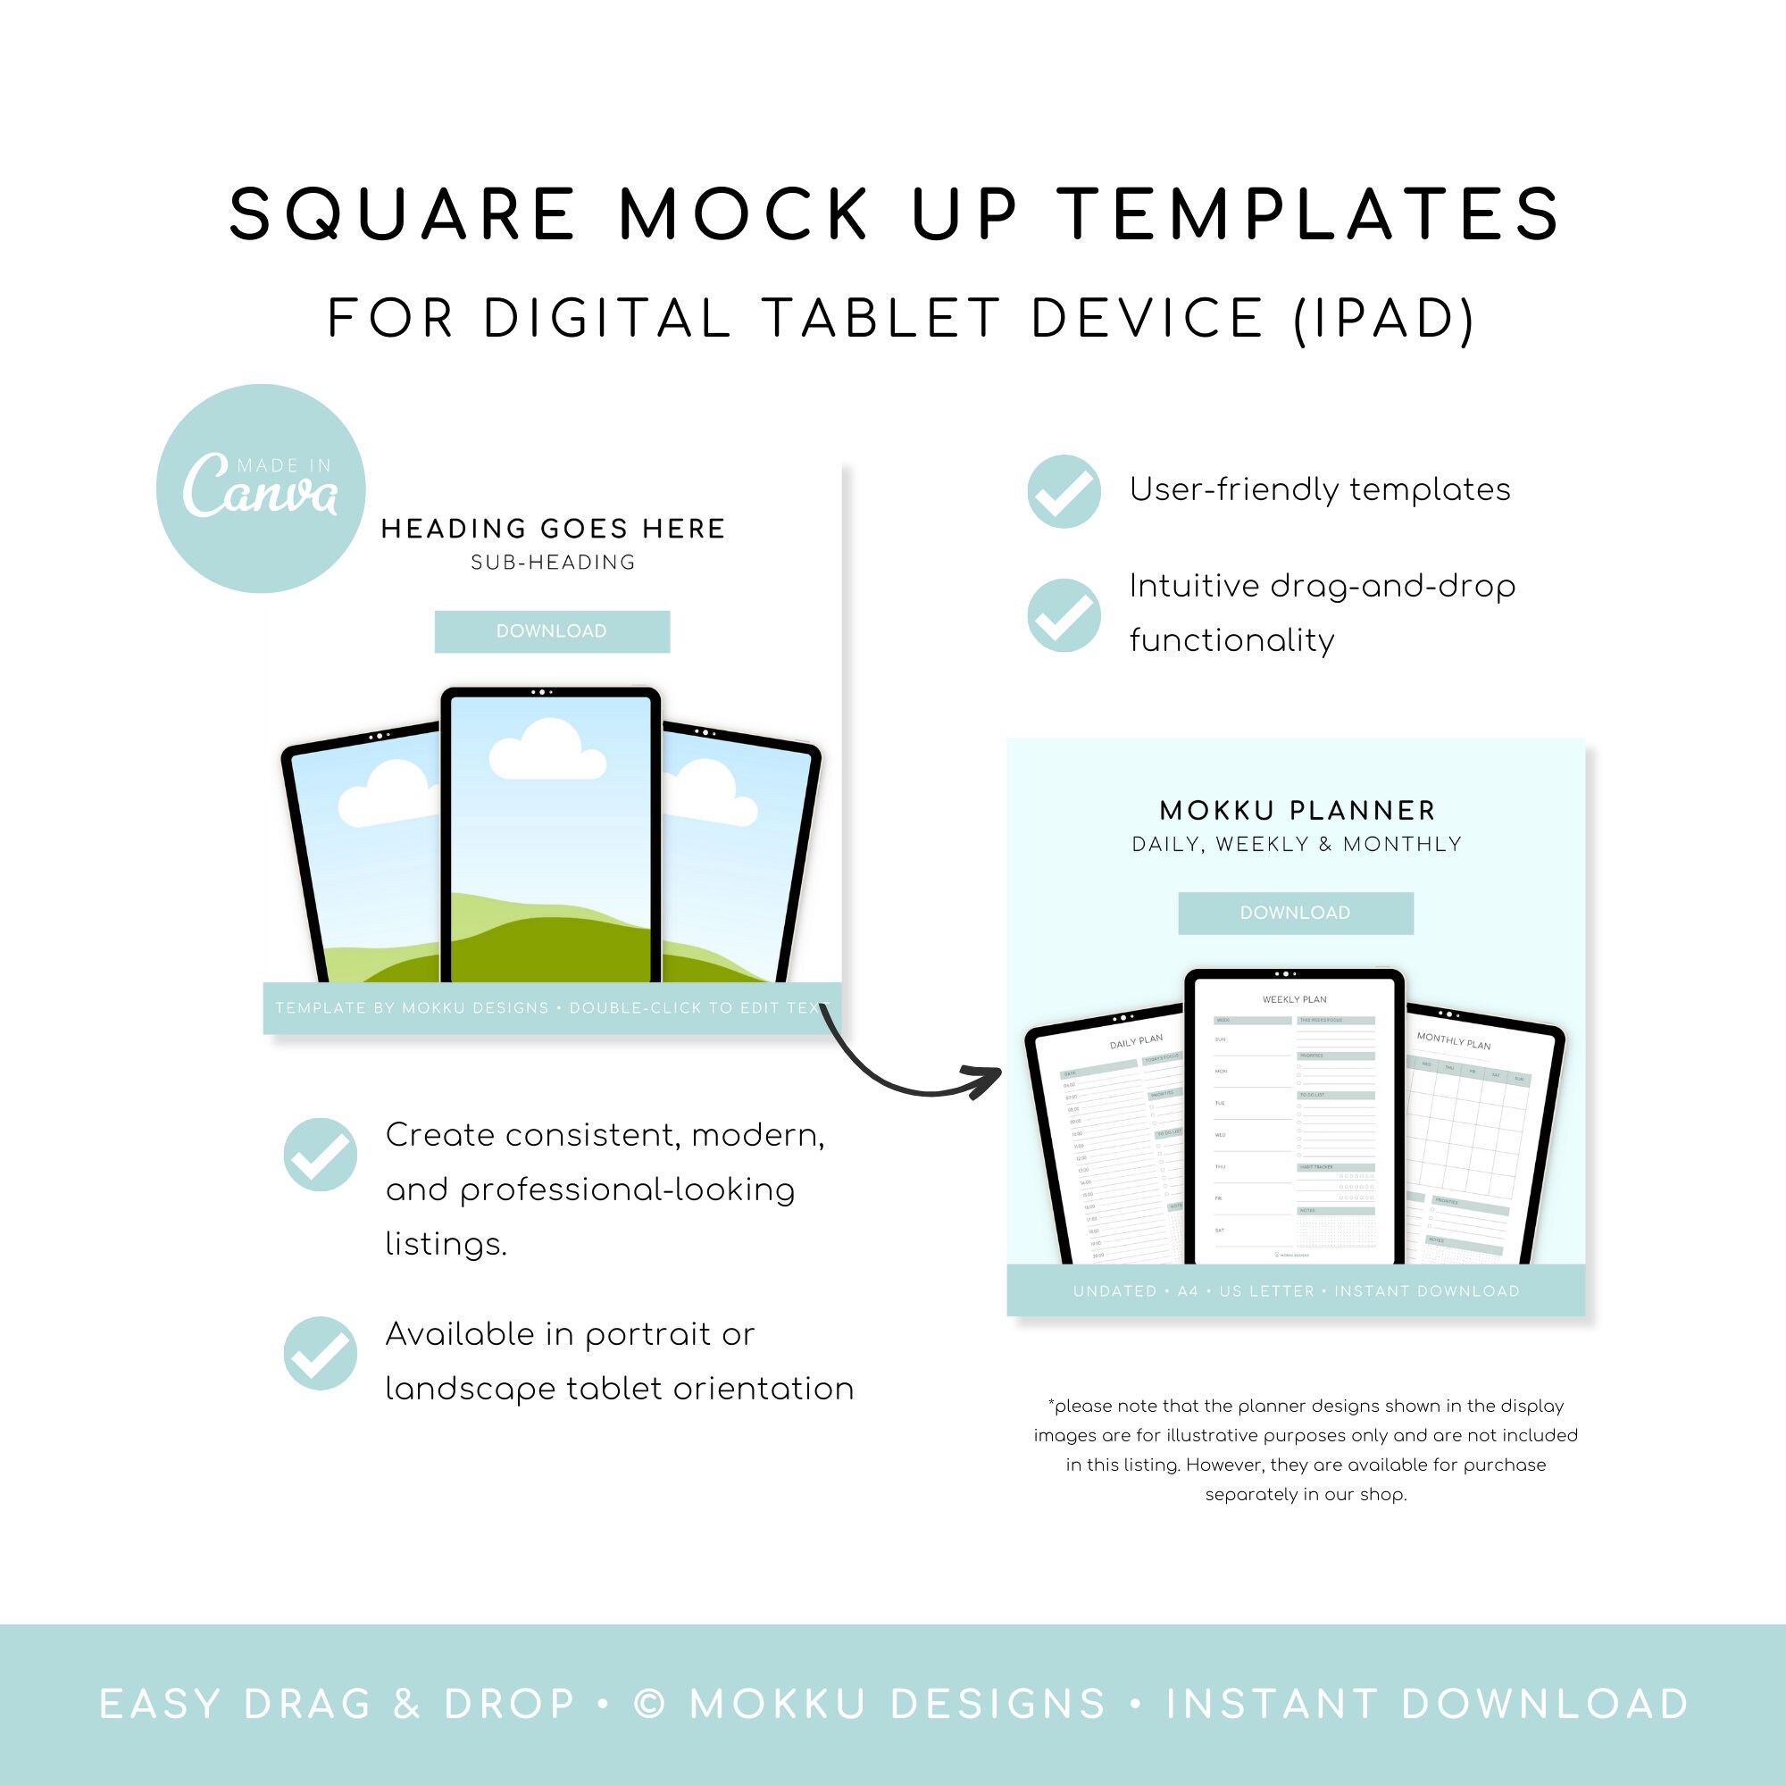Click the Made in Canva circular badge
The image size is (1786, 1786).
coord(261,488)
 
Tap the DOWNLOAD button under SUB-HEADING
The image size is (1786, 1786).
coord(552,631)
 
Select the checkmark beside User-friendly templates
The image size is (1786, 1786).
coord(1064,491)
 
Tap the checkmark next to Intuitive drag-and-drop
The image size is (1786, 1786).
coord(1064,614)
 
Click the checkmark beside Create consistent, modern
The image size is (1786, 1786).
coord(320,1154)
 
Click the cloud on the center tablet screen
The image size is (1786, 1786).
coord(547,750)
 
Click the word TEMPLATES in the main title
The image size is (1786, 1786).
coord(1309,214)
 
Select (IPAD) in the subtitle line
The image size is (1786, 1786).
coord(1383,318)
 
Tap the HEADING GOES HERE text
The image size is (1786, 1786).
coord(553,529)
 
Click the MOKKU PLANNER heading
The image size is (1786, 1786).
coord(1297,811)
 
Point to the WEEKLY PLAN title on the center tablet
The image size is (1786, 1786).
coord(1294,999)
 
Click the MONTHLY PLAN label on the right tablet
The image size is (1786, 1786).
coord(1453,1041)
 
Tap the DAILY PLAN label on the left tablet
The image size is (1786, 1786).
coord(1136,1042)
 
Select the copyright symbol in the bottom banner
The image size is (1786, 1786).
coord(649,1704)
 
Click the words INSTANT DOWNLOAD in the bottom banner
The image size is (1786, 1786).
coord(1427,1704)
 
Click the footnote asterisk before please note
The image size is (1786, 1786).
coord(1051,1404)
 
